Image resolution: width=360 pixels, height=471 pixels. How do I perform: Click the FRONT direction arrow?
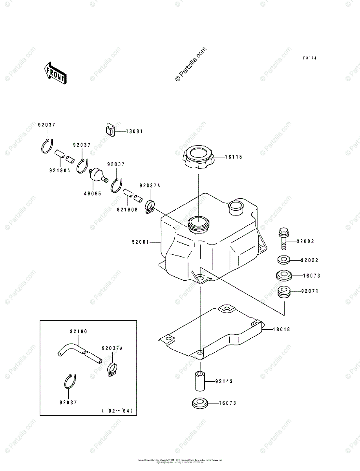coord(55,73)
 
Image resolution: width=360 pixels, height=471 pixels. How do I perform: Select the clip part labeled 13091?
coord(110,130)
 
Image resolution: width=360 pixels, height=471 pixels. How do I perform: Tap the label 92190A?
coord(59,170)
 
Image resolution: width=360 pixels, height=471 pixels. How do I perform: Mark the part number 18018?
coord(282,330)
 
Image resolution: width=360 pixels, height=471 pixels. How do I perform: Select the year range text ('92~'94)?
coord(117,411)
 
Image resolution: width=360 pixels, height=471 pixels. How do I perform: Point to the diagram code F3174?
coord(309,58)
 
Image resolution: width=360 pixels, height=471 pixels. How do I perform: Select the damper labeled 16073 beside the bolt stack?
coord(284,276)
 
